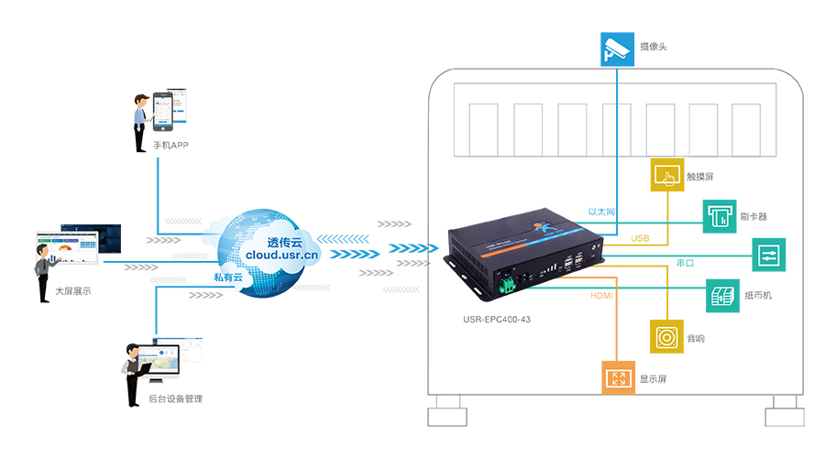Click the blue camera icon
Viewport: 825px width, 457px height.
pyautogui.click(x=617, y=49)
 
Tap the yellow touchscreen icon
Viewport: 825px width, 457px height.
pyautogui.click(x=668, y=175)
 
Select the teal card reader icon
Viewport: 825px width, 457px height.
pyautogui.click(x=720, y=216)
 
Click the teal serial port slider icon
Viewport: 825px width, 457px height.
pyautogui.click(x=768, y=256)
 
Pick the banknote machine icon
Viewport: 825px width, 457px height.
pyautogui.click(x=721, y=297)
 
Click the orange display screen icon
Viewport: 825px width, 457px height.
pyautogui.click(x=618, y=377)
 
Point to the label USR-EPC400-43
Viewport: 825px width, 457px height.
pyautogui.click(x=498, y=321)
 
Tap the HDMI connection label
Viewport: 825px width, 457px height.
pyautogui.click(x=601, y=296)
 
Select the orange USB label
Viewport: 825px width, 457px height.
pyautogui.click(x=640, y=238)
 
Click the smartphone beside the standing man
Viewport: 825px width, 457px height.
pyautogui.click(x=164, y=109)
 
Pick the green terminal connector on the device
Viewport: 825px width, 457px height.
pyautogui.click(x=505, y=286)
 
